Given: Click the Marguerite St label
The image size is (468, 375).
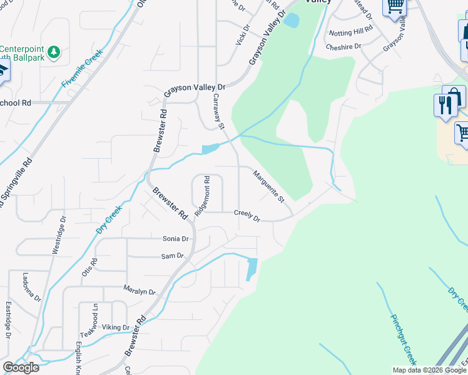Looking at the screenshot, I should point(269,187).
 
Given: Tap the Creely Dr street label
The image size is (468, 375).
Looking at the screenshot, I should point(247,215).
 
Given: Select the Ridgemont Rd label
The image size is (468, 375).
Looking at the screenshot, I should point(201,196).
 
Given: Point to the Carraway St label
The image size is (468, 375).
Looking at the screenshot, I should point(218,111).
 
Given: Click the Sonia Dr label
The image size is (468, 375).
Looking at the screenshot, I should point(175,239).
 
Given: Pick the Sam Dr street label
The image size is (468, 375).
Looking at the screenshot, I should point(172,256).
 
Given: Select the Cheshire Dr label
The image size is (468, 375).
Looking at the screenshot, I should point(343,46).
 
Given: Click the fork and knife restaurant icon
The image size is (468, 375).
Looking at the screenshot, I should point(445,105).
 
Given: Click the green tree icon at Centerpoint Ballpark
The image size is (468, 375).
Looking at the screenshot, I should point(54,51).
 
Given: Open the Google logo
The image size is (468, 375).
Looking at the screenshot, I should point(21,367).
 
